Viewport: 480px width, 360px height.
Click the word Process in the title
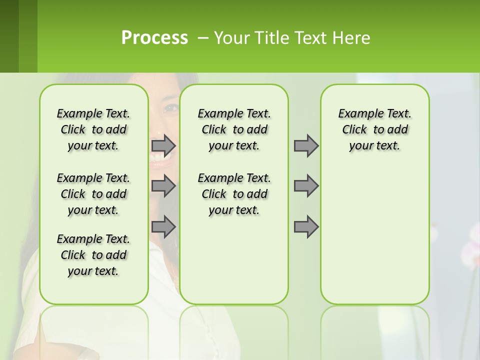coord(154,38)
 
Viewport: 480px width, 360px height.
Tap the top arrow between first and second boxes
coord(163,146)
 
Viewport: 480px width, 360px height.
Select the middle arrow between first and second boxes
coord(163,186)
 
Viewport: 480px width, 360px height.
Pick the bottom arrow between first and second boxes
coord(163,227)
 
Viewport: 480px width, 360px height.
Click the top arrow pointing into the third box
coord(306,146)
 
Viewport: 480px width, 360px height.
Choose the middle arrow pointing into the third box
coord(306,186)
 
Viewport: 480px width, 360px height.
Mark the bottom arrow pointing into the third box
coord(306,227)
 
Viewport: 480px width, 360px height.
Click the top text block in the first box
coord(93,129)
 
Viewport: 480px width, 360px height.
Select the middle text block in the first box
coord(93,194)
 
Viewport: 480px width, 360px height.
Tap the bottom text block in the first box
coord(93,255)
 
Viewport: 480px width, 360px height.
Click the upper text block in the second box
coord(234,129)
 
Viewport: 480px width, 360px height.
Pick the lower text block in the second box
coord(234,194)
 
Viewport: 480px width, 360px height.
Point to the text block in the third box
coord(374,129)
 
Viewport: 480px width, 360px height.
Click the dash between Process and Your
coord(203,38)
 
